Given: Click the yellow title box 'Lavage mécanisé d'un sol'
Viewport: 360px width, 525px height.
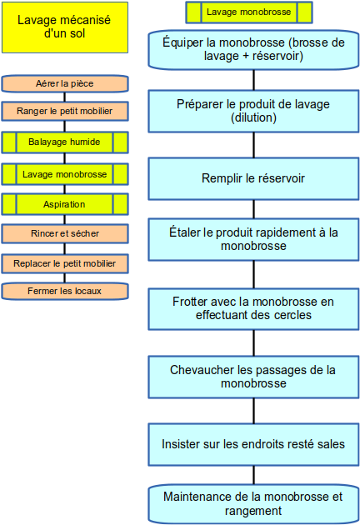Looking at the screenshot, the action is tap(65, 27).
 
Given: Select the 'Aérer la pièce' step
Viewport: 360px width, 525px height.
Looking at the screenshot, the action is tap(65, 83).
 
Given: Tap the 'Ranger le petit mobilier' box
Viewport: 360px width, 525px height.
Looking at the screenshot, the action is tap(65, 111).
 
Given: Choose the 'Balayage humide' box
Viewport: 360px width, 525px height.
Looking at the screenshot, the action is tap(65, 142).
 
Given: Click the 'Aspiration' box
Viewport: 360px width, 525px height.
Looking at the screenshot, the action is tap(65, 204).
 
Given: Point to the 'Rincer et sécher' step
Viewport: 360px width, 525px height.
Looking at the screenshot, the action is tap(65, 233).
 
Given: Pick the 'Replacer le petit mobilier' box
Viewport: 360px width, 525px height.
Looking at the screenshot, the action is tap(65, 264).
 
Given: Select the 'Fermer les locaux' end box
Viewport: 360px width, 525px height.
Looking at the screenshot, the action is tap(65, 291).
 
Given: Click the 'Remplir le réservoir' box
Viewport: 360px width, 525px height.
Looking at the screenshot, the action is tap(253, 179).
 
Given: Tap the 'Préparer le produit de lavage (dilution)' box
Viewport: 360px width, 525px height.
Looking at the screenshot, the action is tap(253, 111).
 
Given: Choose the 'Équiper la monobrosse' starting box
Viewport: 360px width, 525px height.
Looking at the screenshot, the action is tap(253, 50).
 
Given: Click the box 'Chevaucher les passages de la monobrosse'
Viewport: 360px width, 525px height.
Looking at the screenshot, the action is tap(253, 377).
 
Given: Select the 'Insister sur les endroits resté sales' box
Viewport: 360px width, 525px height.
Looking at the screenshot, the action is tap(253, 445).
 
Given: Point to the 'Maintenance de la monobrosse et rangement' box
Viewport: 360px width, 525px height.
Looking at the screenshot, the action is tap(253, 504).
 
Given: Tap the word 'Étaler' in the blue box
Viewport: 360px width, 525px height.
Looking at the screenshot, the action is tap(185, 232).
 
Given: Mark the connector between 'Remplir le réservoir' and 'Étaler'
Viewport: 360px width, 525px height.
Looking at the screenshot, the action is tap(253, 209).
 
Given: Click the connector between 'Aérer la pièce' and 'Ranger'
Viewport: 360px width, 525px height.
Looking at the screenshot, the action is tap(65, 97).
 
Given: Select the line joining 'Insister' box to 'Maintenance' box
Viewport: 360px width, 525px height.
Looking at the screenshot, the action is tap(253, 475).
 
